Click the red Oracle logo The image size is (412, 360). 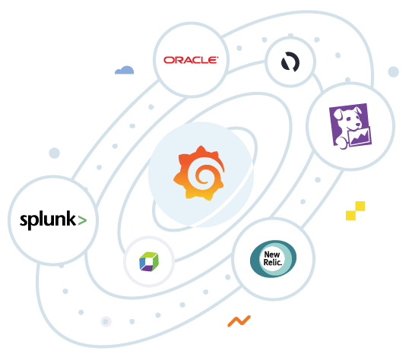click(x=191, y=60)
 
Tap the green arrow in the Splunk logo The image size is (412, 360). click(x=82, y=220)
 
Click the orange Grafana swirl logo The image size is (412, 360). click(x=199, y=173)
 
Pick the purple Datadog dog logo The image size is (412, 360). click(x=350, y=127)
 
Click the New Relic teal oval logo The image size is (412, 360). click(x=273, y=259)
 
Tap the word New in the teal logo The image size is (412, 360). click(x=272, y=254)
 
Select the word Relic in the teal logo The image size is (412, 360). click(x=273, y=262)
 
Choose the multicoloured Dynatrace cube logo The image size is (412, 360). click(x=149, y=261)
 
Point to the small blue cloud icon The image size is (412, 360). click(x=124, y=70)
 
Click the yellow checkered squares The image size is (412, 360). click(x=356, y=211)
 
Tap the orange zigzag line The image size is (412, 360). click(x=239, y=321)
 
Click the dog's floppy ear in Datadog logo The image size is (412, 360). click(x=337, y=114)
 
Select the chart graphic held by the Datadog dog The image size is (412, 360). click(x=360, y=136)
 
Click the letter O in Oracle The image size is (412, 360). click(x=169, y=61)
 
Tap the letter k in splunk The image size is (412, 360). click(x=71, y=218)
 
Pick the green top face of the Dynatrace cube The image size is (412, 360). click(x=149, y=254)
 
